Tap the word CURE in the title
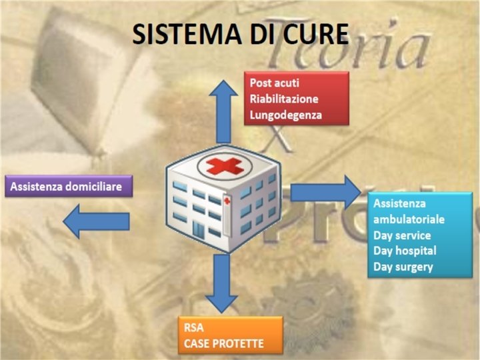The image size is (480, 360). [x=314, y=35]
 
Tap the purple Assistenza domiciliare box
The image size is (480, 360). [x=66, y=186]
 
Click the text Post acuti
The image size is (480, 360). [x=275, y=83]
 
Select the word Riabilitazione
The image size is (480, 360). [x=284, y=99]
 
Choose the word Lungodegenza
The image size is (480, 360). [x=286, y=115]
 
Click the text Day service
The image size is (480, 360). [x=402, y=235]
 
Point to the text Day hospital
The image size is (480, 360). [x=405, y=251]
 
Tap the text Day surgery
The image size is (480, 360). [x=403, y=267]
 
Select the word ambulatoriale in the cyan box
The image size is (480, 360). [x=409, y=219]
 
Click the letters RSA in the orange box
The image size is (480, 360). [x=193, y=329]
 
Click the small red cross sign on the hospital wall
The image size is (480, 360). [x=227, y=201]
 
